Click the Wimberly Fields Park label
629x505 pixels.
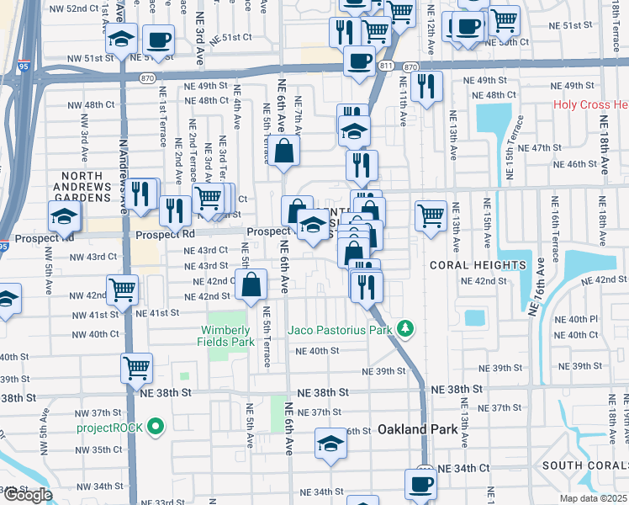tap(227, 336)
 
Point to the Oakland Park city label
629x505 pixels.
tap(420, 429)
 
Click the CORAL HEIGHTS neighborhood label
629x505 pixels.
tap(478, 264)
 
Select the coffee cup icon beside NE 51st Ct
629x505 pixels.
tap(158, 39)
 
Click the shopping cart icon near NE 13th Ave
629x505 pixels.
tap(431, 215)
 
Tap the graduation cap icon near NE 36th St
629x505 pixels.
tap(331, 443)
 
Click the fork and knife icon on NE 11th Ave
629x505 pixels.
tap(426, 85)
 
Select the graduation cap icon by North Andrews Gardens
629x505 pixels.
tap(65, 216)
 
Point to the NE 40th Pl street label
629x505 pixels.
tap(582, 320)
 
